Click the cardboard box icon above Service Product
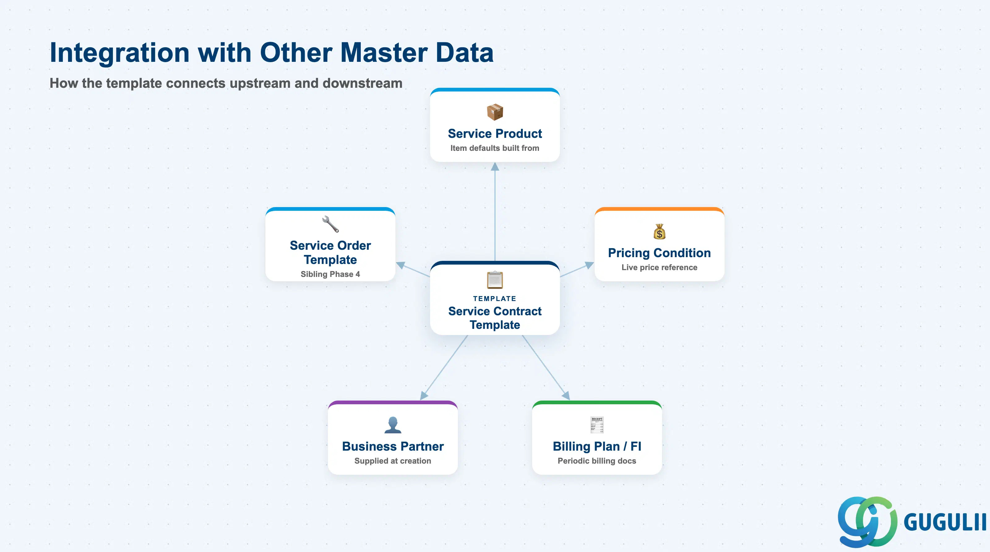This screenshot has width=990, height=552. click(x=495, y=112)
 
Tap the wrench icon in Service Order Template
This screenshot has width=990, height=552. click(x=330, y=224)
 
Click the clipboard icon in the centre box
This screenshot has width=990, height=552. click(x=495, y=280)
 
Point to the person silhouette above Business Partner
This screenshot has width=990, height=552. click(x=393, y=425)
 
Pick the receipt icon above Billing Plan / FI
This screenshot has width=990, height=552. click(x=597, y=425)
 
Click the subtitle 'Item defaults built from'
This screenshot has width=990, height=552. click(x=495, y=148)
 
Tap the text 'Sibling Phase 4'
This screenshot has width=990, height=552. click(x=330, y=274)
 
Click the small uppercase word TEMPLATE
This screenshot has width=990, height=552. click(x=495, y=299)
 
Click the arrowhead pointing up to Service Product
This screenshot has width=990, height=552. click(x=495, y=167)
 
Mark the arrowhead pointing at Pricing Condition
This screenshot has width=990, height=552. click(x=589, y=265)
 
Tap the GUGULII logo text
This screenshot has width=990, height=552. click(x=945, y=522)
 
